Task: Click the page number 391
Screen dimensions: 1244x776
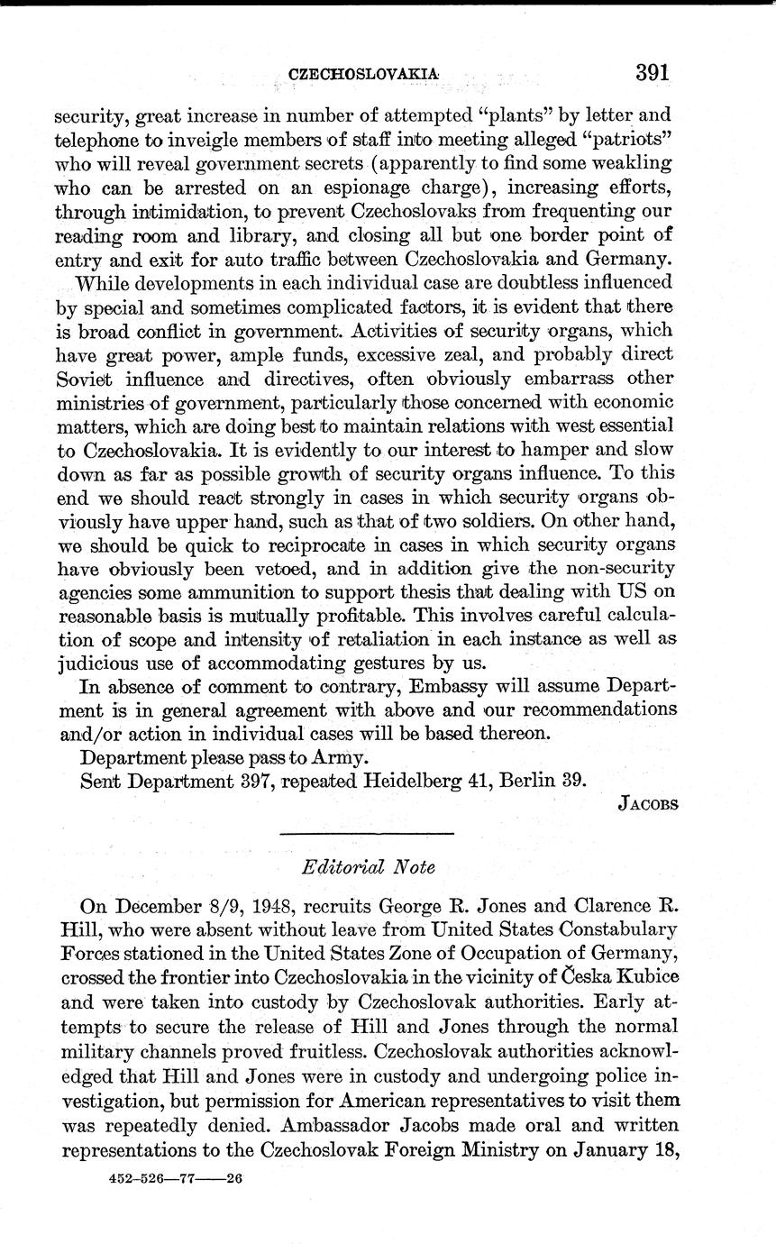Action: coord(653,73)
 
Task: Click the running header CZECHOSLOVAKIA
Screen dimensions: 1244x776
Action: coord(363,76)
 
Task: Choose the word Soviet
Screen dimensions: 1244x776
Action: coord(88,379)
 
